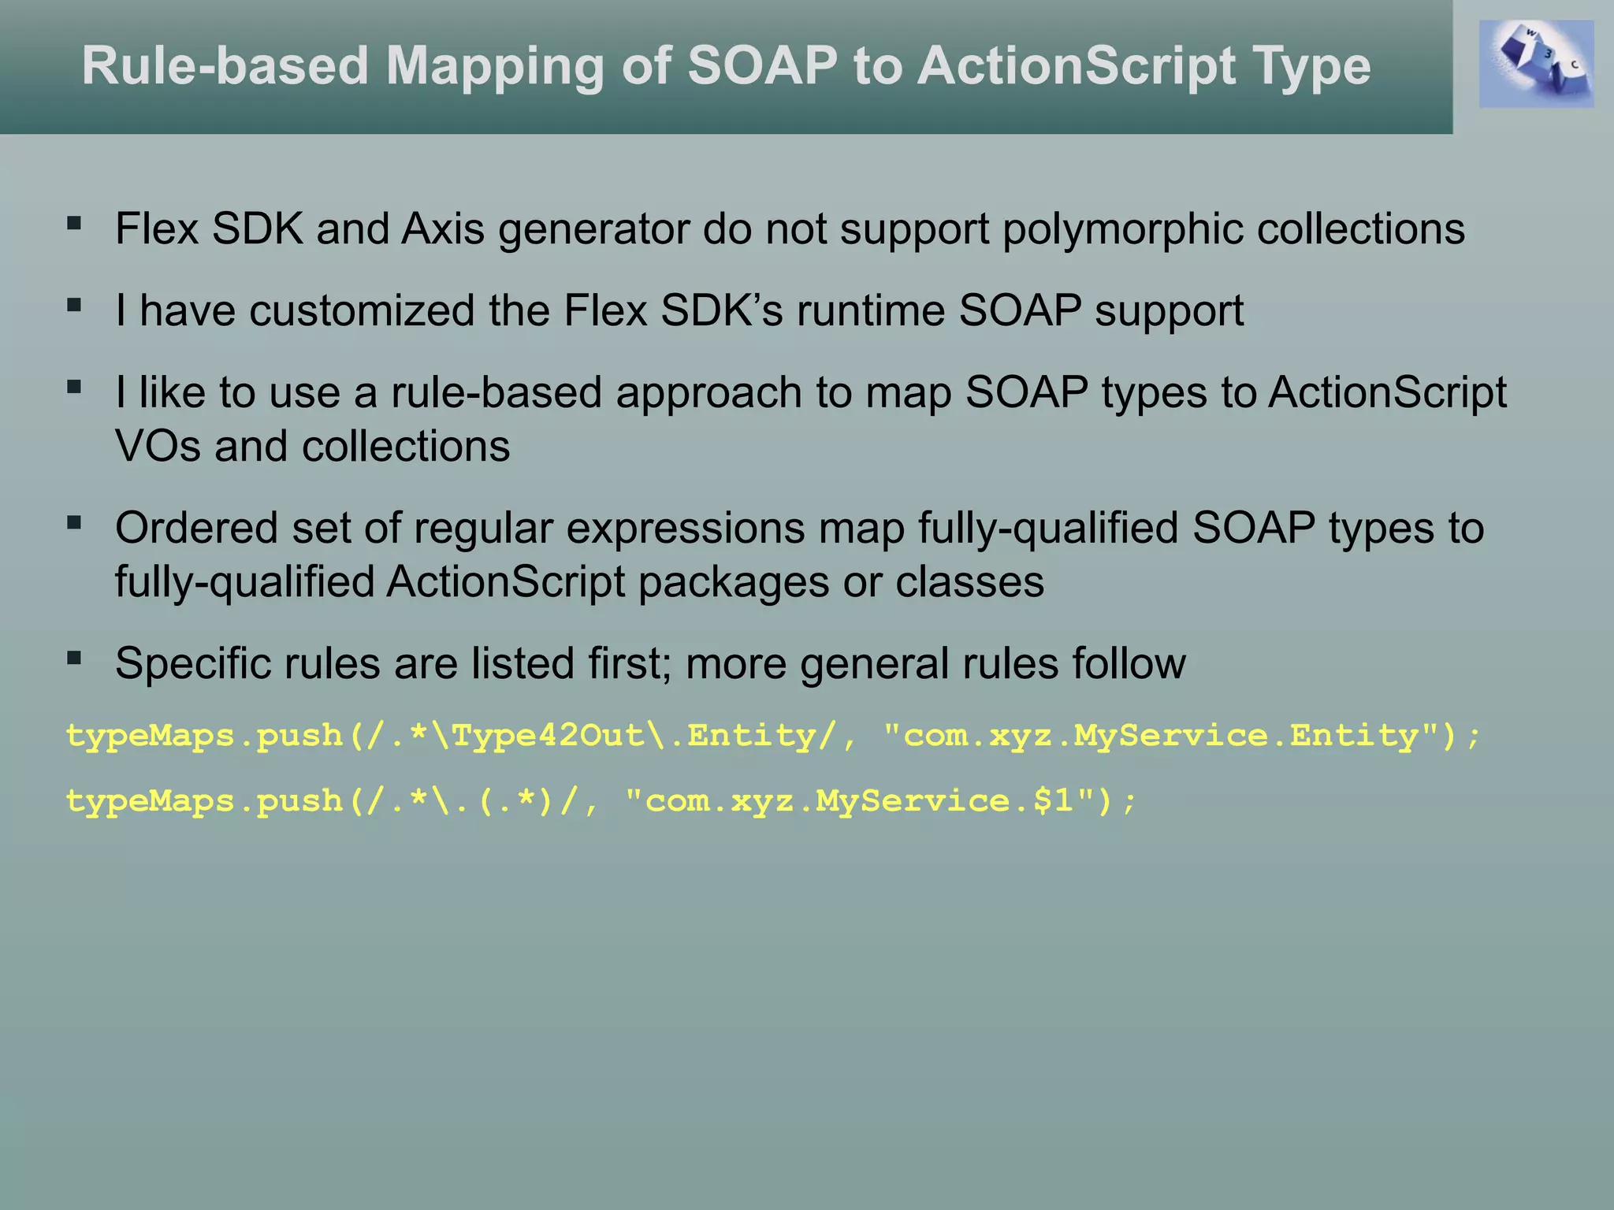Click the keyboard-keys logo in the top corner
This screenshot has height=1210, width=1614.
pos(1535,64)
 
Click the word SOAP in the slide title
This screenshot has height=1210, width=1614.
pos(762,65)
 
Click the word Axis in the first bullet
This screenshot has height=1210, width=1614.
pos(442,229)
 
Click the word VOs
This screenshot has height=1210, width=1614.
pos(158,446)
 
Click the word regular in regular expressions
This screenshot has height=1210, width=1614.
pos(483,528)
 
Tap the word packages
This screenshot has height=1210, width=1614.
pos(733,582)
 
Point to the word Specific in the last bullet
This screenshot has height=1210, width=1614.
pos(192,663)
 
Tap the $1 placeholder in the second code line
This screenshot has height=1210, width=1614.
pos(1054,801)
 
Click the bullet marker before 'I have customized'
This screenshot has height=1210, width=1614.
pos(75,306)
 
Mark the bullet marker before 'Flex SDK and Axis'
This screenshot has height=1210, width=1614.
pos(75,224)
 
